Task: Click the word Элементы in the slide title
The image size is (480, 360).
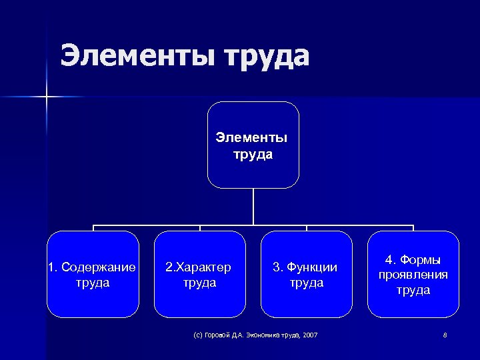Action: [137, 56]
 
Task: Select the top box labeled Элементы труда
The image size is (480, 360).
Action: [253, 145]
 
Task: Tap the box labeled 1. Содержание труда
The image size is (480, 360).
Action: [92, 274]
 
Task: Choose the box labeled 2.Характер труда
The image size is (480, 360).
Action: [199, 274]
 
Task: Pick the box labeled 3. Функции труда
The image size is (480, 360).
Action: [306, 274]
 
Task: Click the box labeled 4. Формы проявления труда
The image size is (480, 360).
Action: [413, 274]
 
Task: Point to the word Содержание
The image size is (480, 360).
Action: [98, 267]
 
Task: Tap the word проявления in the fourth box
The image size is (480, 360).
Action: [413, 275]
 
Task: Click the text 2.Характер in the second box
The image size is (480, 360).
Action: [199, 267]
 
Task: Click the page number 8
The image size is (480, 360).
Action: [445, 334]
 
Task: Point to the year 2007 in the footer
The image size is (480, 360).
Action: [310, 334]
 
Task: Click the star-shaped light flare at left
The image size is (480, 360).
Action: [47, 97]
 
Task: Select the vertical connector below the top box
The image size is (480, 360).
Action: [253, 207]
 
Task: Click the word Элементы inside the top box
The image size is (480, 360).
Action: [252, 138]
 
